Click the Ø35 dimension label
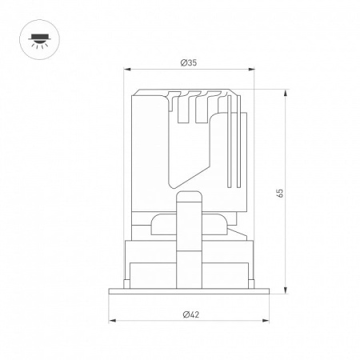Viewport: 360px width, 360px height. tap(189, 63)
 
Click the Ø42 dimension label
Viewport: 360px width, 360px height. tap(191, 314)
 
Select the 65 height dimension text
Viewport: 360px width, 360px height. tap(280, 193)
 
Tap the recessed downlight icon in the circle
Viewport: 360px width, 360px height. tap(39, 40)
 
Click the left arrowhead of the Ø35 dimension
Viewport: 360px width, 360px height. tap(127, 70)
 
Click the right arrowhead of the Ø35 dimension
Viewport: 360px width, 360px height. tap(251, 70)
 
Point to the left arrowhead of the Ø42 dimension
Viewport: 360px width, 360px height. tap(112, 320)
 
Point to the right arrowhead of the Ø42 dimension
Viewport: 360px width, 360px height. tap(266, 320)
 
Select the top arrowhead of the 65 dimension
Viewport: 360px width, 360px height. tap(286, 94)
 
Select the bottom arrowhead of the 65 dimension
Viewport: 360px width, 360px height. tap(286, 290)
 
